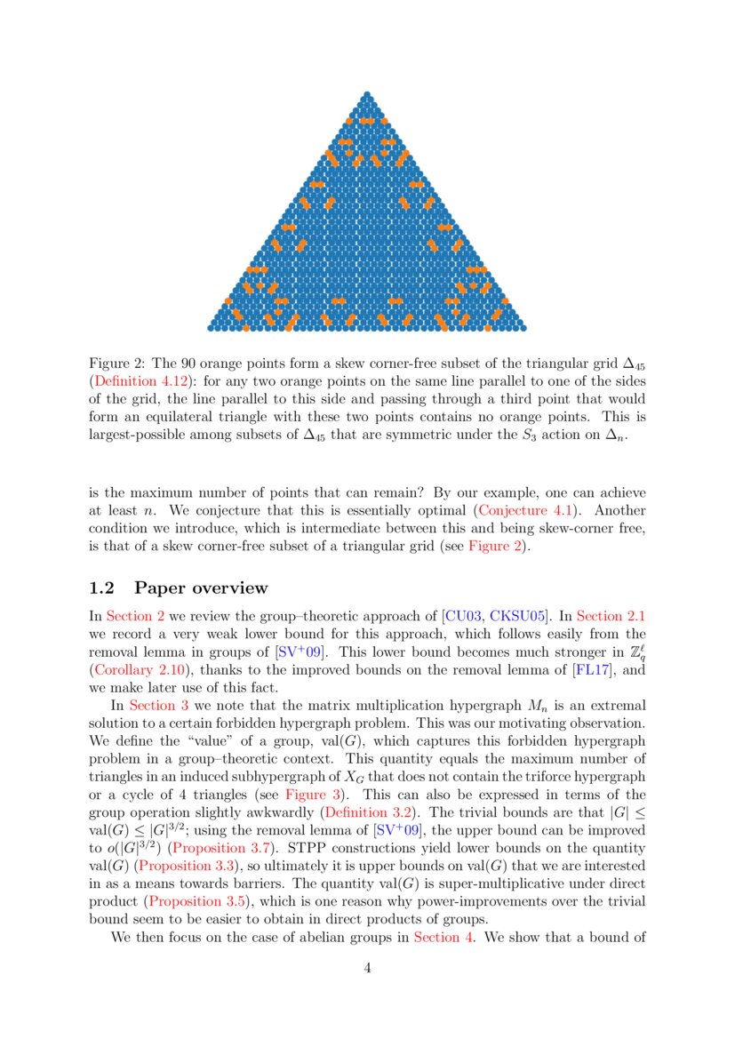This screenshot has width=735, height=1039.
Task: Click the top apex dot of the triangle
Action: pos(367,94)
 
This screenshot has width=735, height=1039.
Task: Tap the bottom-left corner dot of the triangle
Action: pos(211,327)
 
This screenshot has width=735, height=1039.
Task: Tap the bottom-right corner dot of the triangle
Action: pos(523,327)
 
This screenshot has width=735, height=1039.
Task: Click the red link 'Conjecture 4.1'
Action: pos(523,510)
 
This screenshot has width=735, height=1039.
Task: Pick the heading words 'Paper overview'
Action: pos(200,587)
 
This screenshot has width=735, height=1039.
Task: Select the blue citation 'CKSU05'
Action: pos(515,615)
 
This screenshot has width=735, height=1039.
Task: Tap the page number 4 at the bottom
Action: pos(367,968)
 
